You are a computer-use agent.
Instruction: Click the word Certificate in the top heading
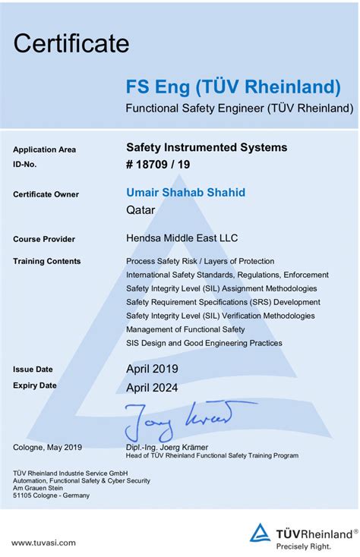pyautogui.click(x=71, y=43)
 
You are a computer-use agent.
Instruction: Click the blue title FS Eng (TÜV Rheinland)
pyautogui.click(x=233, y=86)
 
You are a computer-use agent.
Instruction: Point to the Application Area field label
pyautogui.click(x=44, y=149)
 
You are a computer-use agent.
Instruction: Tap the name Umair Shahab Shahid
pyautogui.click(x=185, y=193)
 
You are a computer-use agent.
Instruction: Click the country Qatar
pyautogui.click(x=140, y=209)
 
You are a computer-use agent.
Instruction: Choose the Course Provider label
pyautogui.click(x=44, y=239)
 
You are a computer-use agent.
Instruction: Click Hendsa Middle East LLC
pyautogui.click(x=182, y=238)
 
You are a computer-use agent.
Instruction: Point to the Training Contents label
pyautogui.click(x=46, y=261)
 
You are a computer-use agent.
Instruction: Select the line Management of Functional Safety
pyautogui.click(x=185, y=329)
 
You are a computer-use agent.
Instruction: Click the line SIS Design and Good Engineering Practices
pyautogui.click(x=204, y=343)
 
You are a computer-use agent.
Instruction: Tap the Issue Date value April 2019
pyautogui.click(x=152, y=370)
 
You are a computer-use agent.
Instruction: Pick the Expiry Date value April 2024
pyautogui.click(x=152, y=387)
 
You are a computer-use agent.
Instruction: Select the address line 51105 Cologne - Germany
pyautogui.click(x=51, y=496)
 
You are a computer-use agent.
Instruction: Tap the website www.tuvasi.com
pyautogui.click(x=43, y=543)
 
